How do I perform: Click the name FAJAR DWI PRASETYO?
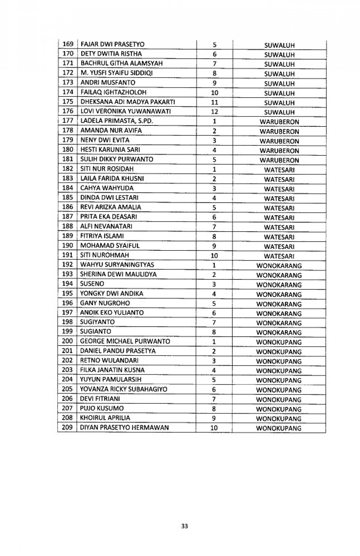pyautogui.click(x=112, y=44)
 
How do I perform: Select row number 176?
pyautogui.click(x=68, y=111)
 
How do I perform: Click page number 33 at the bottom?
pyautogui.click(x=184, y=526)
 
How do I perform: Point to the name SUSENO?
pyautogui.click(x=92, y=284)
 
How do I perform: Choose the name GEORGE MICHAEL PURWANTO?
pyautogui.click(x=125, y=341)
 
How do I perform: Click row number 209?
pyautogui.click(x=67, y=427)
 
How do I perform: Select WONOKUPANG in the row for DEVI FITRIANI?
pyautogui.click(x=279, y=399)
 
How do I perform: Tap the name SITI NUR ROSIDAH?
pyautogui.click(x=107, y=169)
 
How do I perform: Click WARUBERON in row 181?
pyautogui.click(x=279, y=160)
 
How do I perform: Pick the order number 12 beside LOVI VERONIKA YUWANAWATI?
pyautogui.click(x=214, y=112)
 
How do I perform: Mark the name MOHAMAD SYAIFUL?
pyautogui.click(x=110, y=245)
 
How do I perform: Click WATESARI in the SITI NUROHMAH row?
pyautogui.click(x=279, y=256)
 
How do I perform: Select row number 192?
pyautogui.click(x=67, y=265)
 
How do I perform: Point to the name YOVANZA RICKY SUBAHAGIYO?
pyautogui.click(x=123, y=389)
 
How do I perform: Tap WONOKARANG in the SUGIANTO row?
pyautogui.click(x=279, y=333)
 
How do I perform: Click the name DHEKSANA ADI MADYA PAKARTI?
pyautogui.click(x=128, y=101)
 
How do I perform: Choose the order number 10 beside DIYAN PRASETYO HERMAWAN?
pyautogui.click(x=214, y=428)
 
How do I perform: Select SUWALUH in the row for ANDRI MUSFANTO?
pyautogui.click(x=279, y=83)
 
